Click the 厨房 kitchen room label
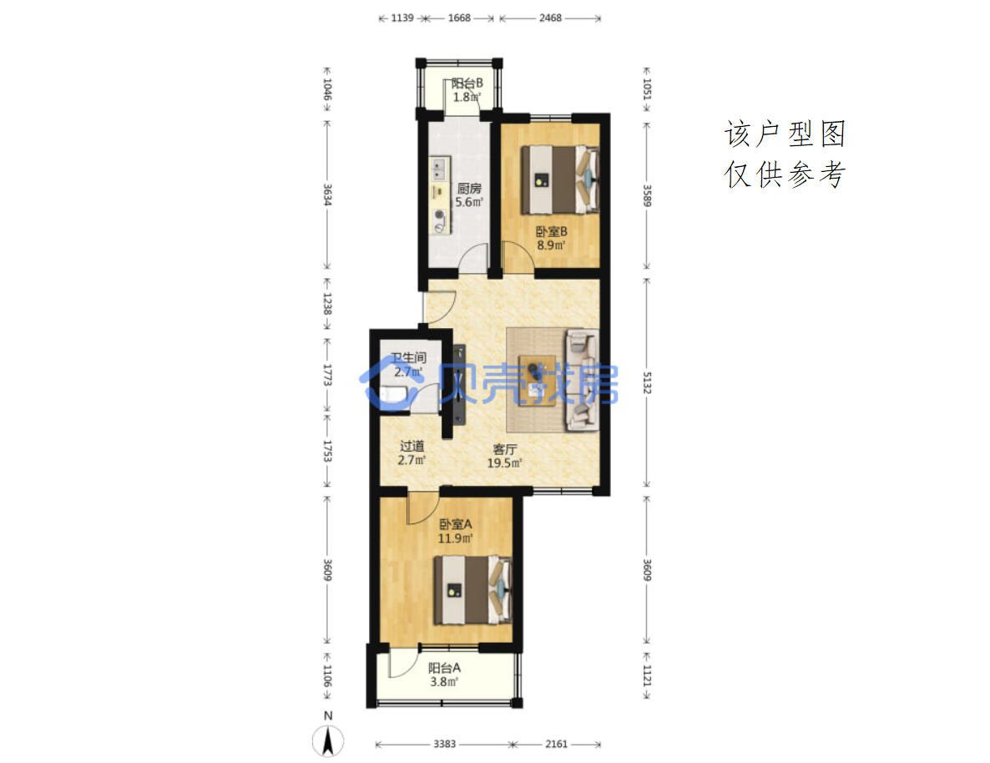point(469,188)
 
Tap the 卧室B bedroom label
point(551,232)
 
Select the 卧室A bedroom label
point(455,524)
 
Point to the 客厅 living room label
point(504,449)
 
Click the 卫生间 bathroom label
point(408,357)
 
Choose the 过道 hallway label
point(412,446)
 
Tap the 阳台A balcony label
point(444,668)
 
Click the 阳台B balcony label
point(467,83)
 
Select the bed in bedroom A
point(472,590)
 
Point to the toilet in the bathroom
point(392,396)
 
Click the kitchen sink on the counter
point(438,169)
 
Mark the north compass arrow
point(328,741)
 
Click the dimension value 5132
point(647,383)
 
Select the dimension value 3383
point(444,744)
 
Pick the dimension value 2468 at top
point(551,18)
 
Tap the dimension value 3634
point(328,195)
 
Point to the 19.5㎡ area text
point(504,463)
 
